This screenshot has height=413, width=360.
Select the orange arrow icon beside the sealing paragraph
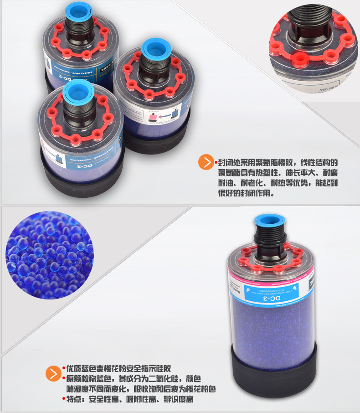tap(207, 162)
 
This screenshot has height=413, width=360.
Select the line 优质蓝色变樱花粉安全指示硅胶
tap(118, 368)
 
